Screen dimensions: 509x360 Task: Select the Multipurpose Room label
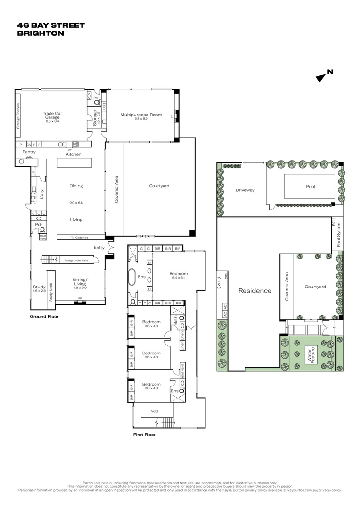click(141, 115)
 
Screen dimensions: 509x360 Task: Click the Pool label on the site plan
click(310, 187)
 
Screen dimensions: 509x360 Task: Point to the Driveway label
click(245, 190)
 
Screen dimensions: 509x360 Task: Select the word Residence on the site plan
click(255, 291)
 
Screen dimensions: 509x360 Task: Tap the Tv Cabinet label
click(79, 238)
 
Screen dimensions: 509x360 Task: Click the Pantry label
click(29, 152)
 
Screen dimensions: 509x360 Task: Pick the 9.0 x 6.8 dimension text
click(76, 203)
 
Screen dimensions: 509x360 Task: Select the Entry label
click(99, 247)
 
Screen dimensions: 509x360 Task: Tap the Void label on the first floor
click(154, 411)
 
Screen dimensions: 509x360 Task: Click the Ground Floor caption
click(44, 317)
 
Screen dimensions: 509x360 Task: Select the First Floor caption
click(144, 435)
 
